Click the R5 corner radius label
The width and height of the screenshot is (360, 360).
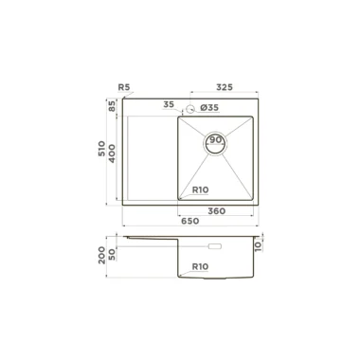[124, 87]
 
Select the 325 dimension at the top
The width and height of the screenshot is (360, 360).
[225, 87]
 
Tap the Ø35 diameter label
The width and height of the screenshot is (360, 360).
[209, 108]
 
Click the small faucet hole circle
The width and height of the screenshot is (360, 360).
[189, 109]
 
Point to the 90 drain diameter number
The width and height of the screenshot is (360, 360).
[215, 140]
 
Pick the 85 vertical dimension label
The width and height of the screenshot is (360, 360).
[112, 105]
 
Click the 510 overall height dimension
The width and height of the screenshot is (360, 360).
[101, 149]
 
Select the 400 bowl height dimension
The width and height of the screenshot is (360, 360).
[112, 153]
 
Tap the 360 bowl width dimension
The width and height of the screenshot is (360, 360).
[217, 211]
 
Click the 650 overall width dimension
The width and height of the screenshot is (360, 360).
[190, 221]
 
